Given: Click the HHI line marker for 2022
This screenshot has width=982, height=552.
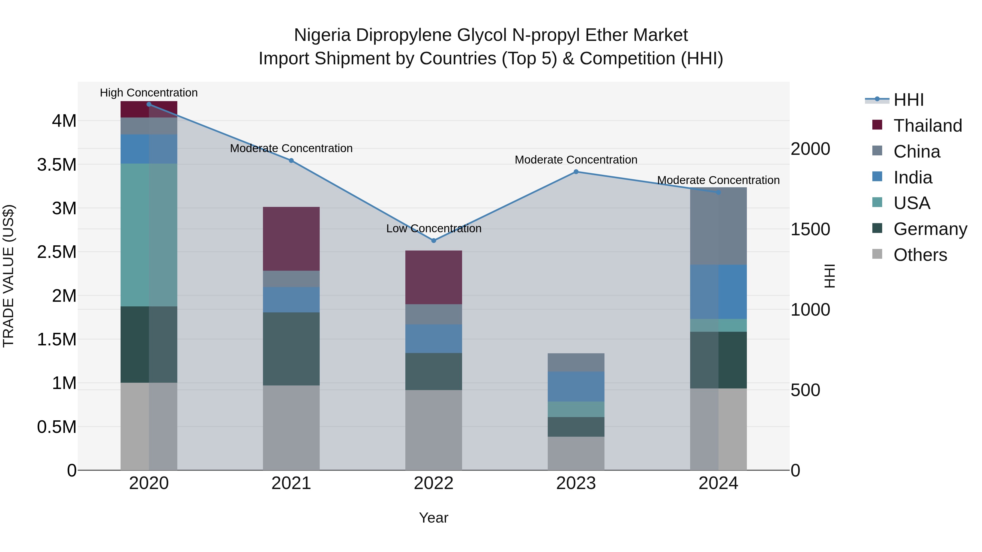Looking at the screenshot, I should tap(433, 240).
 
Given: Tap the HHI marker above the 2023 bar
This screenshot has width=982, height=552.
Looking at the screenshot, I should tap(576, 172).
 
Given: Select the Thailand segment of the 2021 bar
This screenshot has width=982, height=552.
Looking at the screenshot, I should tap(291, 239).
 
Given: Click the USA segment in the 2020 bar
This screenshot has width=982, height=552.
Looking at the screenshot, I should tap(149, 235).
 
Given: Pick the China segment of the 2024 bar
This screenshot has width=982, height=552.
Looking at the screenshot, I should tap(718, 226).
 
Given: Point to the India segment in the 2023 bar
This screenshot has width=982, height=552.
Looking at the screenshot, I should tap(576, 386).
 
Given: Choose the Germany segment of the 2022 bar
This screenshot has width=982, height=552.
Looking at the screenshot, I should tap(433, 372).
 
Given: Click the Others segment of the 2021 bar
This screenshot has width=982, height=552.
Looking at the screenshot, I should tap(291, 427).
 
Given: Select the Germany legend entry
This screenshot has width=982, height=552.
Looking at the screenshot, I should tap(930, 229).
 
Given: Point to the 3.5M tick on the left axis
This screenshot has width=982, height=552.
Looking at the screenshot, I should tap(57, 165).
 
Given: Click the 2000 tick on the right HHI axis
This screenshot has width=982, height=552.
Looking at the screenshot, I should tap(810, 149).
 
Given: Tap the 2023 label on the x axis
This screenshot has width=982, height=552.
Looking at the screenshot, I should tap(576, 483).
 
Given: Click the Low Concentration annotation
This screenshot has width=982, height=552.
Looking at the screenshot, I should tap(434, 229).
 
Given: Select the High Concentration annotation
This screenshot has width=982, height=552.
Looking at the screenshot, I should tap(149, 93).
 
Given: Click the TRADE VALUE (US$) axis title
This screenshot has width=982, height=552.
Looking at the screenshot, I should tap(8, 276).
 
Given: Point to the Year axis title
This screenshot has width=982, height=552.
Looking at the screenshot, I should tap(433, 518).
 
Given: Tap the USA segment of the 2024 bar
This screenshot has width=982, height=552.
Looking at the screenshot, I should tap(718, 325).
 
